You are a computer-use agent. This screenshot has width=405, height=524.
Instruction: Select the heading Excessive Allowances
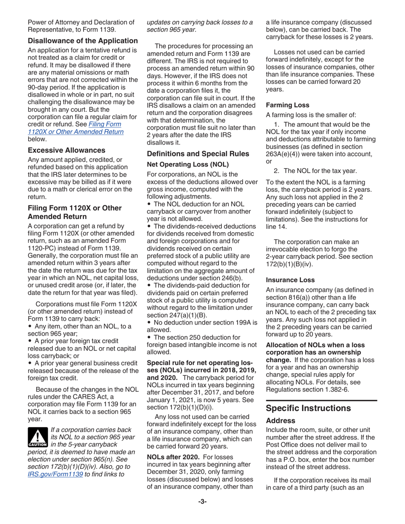[67, 150]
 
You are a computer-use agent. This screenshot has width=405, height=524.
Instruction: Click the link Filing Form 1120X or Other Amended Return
[75, 128]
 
